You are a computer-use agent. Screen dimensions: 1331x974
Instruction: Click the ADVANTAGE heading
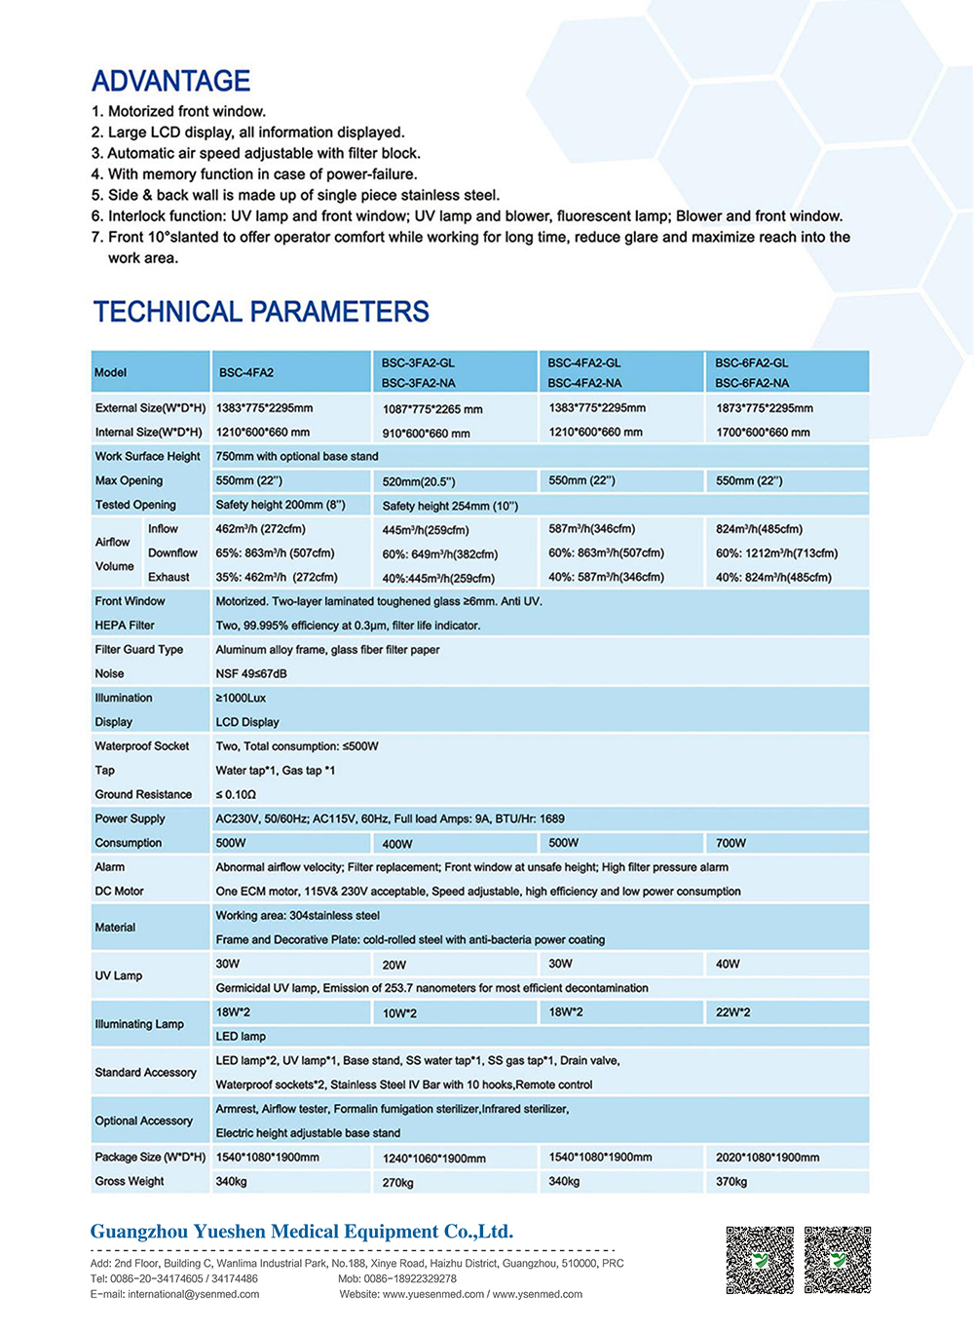click(170, 81)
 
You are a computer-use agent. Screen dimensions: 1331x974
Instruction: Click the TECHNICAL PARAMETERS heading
click(261, 312)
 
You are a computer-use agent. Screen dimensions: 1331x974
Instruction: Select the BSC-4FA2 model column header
click(246, 373)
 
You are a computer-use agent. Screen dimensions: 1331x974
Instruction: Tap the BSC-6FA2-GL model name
click(752, 362)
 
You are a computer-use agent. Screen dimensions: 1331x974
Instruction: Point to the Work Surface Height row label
click(147, 456)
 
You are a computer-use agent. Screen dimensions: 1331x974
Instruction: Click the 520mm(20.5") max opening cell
click(419, 481)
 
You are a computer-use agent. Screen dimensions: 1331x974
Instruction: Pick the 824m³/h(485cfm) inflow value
click(760, 529)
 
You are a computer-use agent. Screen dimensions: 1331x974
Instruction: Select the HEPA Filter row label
click(125, 626)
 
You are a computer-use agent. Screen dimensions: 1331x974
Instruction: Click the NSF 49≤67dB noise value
click(251, 673)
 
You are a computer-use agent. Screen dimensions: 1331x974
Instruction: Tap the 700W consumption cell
click(730, 843)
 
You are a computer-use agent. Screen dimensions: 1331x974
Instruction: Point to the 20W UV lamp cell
click(394, 965)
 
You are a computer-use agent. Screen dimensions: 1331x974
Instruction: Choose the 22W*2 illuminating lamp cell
click(732, 1012)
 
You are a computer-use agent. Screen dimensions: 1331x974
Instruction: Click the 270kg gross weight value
click(397, 1182)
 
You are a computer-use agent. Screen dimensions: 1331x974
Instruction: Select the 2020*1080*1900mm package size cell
click(768, 1158)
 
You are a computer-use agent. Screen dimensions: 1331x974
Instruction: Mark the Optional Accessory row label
click(143, 1121)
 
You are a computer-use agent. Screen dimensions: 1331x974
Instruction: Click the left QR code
click(760, 1260)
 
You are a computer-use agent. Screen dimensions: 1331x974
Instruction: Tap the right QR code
click(838, 1260)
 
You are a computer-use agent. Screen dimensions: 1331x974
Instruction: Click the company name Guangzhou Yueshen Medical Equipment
click(301, 1232)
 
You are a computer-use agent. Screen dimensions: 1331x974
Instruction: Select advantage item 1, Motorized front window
click(178, 111)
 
